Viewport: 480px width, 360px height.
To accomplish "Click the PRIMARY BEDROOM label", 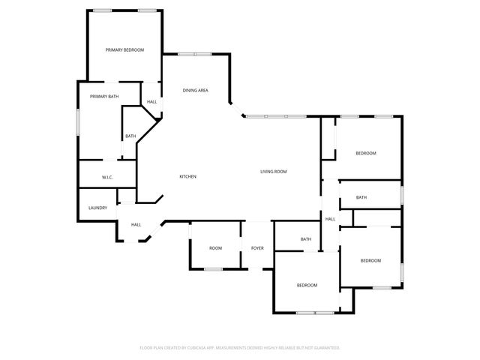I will click(124, 49).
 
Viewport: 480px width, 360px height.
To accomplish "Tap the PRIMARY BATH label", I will click(104, 97).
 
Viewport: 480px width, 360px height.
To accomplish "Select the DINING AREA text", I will click(195, 91).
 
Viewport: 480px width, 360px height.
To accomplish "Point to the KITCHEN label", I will click(187, 176).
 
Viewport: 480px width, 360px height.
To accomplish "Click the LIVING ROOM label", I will click(274, 172).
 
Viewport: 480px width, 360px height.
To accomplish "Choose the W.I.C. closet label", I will click(107, 177).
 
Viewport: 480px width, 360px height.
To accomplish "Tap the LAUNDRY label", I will click(98, 208).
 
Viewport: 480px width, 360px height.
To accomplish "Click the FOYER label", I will click(257, 247).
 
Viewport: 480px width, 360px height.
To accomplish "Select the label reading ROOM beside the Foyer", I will click(215, 247).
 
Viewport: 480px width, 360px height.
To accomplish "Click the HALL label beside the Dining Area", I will click(152, 102).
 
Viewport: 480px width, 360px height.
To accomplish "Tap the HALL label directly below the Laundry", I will click(136, 224).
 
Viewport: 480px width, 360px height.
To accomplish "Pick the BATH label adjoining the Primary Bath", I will click(130, 136).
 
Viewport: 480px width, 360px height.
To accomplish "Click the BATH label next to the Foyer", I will click(306, 239).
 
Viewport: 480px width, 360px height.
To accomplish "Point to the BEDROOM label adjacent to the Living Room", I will click(366, 153).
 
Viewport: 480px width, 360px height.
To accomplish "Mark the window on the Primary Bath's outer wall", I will click(78, 121).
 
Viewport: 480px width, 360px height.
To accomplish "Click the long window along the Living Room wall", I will click(275, 115).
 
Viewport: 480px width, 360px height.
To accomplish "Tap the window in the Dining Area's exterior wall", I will click(194, 53).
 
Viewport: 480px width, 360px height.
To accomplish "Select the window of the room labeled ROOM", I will click(214, 268).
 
